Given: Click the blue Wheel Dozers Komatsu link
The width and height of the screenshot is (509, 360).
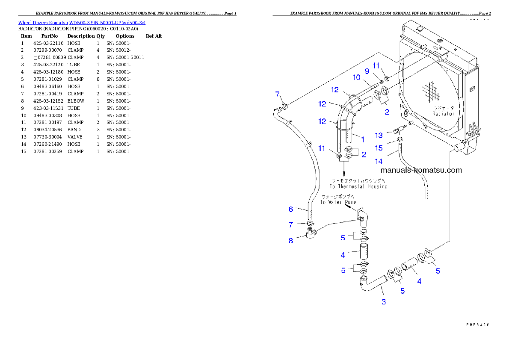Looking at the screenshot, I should point(81,23).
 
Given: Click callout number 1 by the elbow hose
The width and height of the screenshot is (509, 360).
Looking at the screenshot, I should point(362,139).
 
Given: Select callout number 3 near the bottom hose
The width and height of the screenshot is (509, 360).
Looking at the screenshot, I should point(384,302).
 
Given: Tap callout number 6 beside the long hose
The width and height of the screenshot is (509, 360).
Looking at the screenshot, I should point(291,209).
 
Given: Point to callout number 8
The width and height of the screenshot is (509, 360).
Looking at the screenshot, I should point(291,240).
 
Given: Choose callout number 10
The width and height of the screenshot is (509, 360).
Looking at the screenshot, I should point(356,77).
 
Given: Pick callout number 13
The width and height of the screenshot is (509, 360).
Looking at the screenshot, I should point(379,136).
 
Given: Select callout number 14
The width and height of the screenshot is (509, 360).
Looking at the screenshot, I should point(379,161).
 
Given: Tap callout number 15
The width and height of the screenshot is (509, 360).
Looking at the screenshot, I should point(379,148).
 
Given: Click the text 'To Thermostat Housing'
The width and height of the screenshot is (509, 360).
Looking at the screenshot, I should point(358,186).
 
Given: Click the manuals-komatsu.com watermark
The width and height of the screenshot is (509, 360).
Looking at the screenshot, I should point(421,170).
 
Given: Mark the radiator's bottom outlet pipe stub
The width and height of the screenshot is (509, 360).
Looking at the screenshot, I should point(459,148).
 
